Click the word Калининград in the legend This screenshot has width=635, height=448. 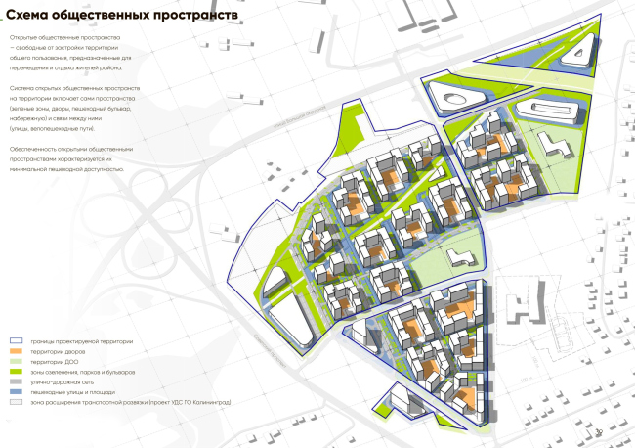(210, 402)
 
